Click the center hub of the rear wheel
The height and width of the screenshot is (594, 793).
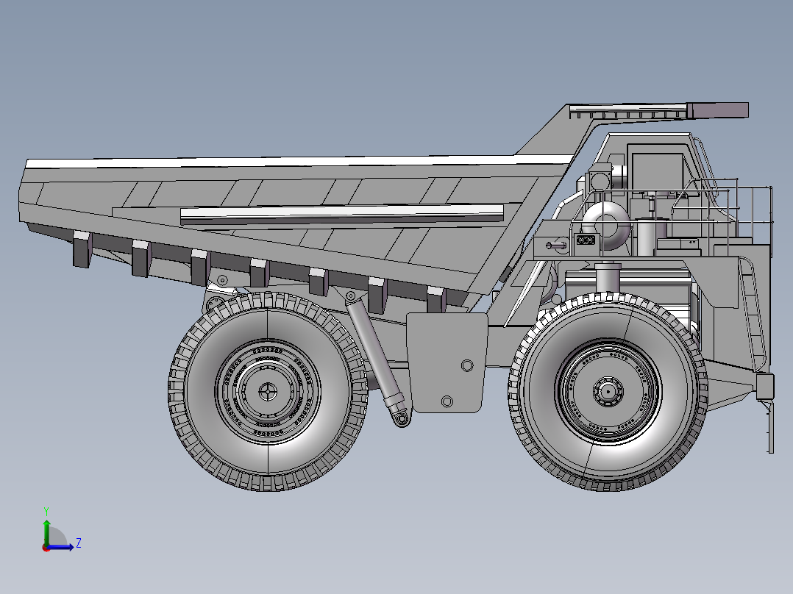point(268,393)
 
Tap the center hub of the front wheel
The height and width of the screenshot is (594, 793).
point(608,392)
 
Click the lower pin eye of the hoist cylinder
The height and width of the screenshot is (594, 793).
point(402,418)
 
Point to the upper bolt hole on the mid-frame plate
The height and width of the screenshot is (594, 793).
point(466,365)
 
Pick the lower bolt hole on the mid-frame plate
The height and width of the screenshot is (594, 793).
point(447,401)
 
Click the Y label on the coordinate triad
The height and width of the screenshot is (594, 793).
point(46,510)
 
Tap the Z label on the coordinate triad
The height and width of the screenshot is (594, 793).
point(78,543)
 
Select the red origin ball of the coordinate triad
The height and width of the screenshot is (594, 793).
point(46,547)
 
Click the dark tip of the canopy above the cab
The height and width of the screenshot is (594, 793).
point(717,110)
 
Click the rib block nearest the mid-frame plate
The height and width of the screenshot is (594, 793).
point(436,298)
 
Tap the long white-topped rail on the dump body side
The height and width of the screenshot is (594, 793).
point(338,214)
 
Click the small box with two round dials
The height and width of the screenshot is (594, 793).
point(586,240)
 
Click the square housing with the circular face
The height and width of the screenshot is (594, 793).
point(599,179)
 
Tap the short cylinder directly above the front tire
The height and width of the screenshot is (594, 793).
point(608,278)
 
